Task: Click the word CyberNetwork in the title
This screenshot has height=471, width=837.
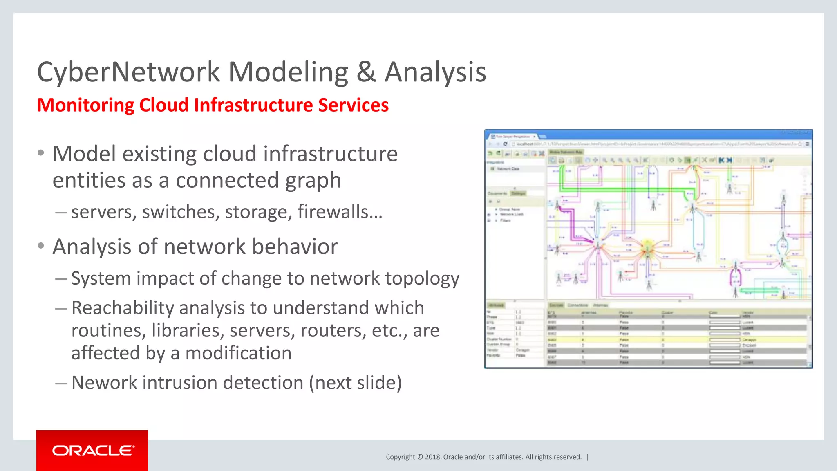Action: tap(128, 72)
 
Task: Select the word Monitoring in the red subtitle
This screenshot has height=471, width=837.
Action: tap(85, 105)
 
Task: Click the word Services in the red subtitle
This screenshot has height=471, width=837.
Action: tap(354, 105)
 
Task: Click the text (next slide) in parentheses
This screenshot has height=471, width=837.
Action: tap(355, 383)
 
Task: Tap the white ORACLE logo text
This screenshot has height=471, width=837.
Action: tap(93, 451)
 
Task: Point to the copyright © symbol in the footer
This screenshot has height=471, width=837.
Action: tap(420, 457)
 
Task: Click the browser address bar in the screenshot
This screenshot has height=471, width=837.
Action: tap(654, 144)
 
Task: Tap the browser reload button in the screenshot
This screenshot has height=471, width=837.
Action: tap(505, 144)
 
